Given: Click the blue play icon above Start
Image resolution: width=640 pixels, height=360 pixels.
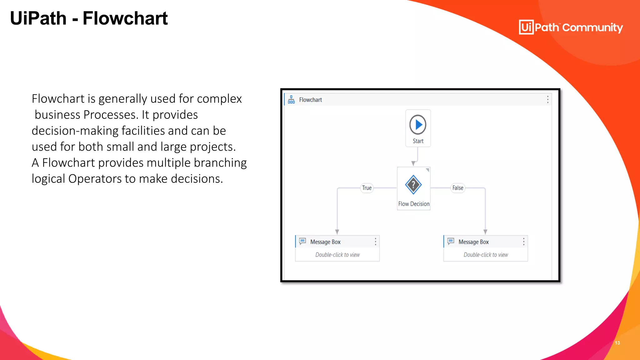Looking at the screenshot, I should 418,125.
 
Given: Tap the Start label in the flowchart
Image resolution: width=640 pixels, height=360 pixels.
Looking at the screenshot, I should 418,141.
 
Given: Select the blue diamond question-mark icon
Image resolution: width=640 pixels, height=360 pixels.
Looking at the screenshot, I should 413,185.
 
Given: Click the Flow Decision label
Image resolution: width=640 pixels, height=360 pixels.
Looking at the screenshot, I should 414,204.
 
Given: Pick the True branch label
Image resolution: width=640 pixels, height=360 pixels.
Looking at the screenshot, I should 367,188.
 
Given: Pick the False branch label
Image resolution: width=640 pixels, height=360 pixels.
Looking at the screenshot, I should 458,188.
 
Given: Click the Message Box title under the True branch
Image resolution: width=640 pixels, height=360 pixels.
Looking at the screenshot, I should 325,242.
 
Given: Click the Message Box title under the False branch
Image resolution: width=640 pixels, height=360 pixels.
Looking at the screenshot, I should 473,242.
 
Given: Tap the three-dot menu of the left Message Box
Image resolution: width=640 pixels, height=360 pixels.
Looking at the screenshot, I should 375,242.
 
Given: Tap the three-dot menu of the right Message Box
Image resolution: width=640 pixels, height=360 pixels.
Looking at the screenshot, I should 524,242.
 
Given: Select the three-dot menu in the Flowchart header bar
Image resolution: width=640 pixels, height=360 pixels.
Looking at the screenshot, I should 547,99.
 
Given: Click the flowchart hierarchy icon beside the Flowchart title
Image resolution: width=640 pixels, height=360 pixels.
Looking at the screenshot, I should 291,100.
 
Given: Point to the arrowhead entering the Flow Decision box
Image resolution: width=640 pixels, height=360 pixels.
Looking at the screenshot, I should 413,163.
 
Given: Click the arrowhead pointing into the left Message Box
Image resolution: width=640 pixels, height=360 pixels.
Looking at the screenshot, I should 337,232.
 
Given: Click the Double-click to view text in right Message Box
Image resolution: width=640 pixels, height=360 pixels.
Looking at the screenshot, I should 486,255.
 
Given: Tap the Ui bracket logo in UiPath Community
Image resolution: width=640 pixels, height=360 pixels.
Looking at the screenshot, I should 526,27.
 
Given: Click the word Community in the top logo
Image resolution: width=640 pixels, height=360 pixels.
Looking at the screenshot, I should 592,27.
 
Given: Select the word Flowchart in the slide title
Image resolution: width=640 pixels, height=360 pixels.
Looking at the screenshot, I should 125,18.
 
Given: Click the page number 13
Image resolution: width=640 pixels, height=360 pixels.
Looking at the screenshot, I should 617,343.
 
